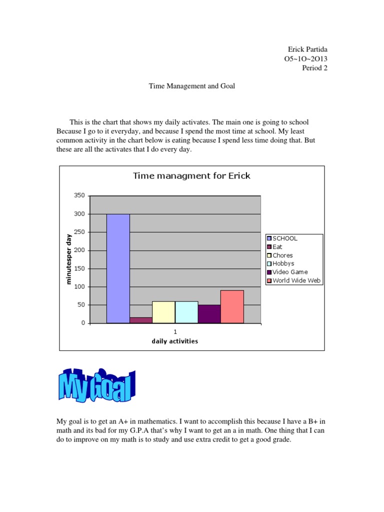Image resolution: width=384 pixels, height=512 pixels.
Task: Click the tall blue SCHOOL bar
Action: [118, 268]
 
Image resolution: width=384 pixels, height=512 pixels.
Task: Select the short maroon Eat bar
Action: [140, 320]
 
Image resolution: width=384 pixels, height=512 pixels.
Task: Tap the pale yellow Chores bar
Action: [163, 312]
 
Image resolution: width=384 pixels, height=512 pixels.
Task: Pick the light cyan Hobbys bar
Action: [186, 312]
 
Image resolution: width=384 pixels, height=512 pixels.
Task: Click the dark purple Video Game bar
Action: [209, 314]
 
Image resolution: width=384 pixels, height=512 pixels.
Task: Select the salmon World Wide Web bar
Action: [232, 306]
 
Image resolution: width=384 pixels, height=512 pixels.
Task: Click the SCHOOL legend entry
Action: [284, 238]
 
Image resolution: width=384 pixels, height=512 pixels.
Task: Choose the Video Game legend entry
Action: [289, 272]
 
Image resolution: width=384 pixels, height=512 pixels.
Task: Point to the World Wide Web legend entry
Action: [296, 280]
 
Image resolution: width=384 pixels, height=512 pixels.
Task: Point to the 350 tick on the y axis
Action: [79, 195]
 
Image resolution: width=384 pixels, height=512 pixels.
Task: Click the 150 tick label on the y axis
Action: [79, 268]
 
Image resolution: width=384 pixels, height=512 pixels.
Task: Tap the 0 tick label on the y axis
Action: [83, 323]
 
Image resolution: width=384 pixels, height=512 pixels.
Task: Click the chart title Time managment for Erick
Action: [191, 175]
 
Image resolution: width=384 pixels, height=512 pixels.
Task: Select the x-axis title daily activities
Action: [175, 341]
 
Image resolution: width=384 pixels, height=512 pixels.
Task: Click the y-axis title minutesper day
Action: [69, 259]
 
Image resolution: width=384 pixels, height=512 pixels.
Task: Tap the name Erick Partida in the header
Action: [307, 49]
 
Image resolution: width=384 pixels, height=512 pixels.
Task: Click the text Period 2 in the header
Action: [314, 68]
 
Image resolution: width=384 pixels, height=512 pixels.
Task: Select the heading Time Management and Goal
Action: [192, 86]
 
